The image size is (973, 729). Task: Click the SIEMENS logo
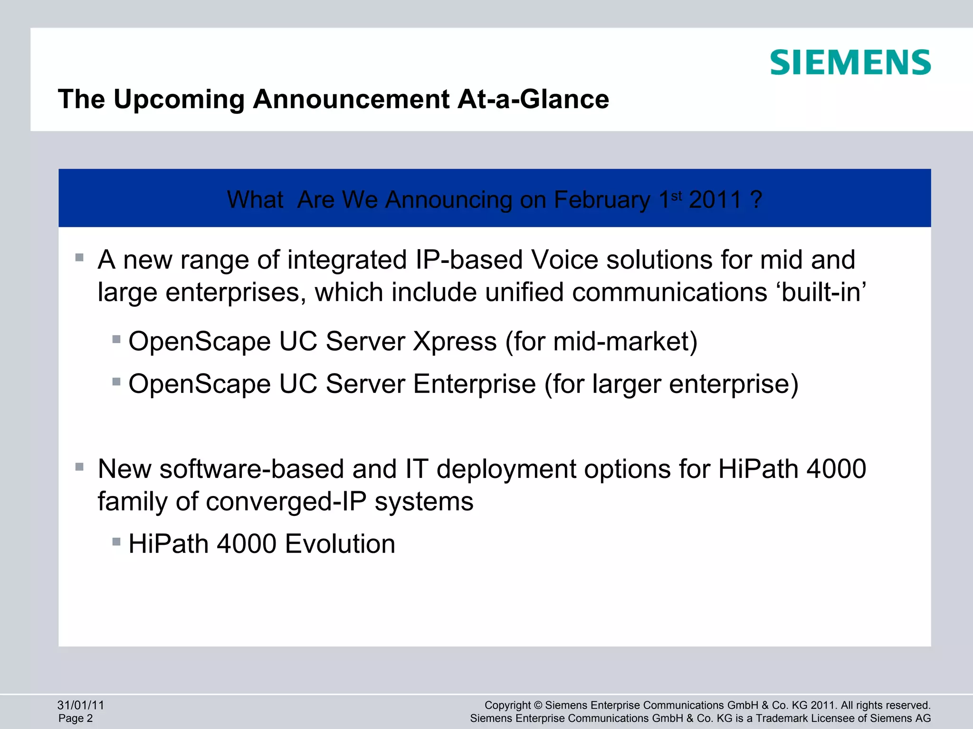pos(850,63)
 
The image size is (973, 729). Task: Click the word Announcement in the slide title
pos(351,99)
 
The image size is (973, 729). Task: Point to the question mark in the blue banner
pos(756,199)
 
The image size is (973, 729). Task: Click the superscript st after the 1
pos(677,195)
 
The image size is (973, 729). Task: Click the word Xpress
pos(455,341)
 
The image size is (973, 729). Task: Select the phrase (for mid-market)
pos(601,341)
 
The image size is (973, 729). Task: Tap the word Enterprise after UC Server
pos(474,383)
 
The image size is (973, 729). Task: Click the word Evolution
pos(340,543)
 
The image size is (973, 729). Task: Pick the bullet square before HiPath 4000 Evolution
pos(116,542)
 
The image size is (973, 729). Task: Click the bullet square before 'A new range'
pos(79,258)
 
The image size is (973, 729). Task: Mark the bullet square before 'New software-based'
pos(79,467)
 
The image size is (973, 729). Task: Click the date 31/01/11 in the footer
pos(80,705)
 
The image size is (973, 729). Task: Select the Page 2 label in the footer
pos(76,718)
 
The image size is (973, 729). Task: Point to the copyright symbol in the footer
pos(538,705)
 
